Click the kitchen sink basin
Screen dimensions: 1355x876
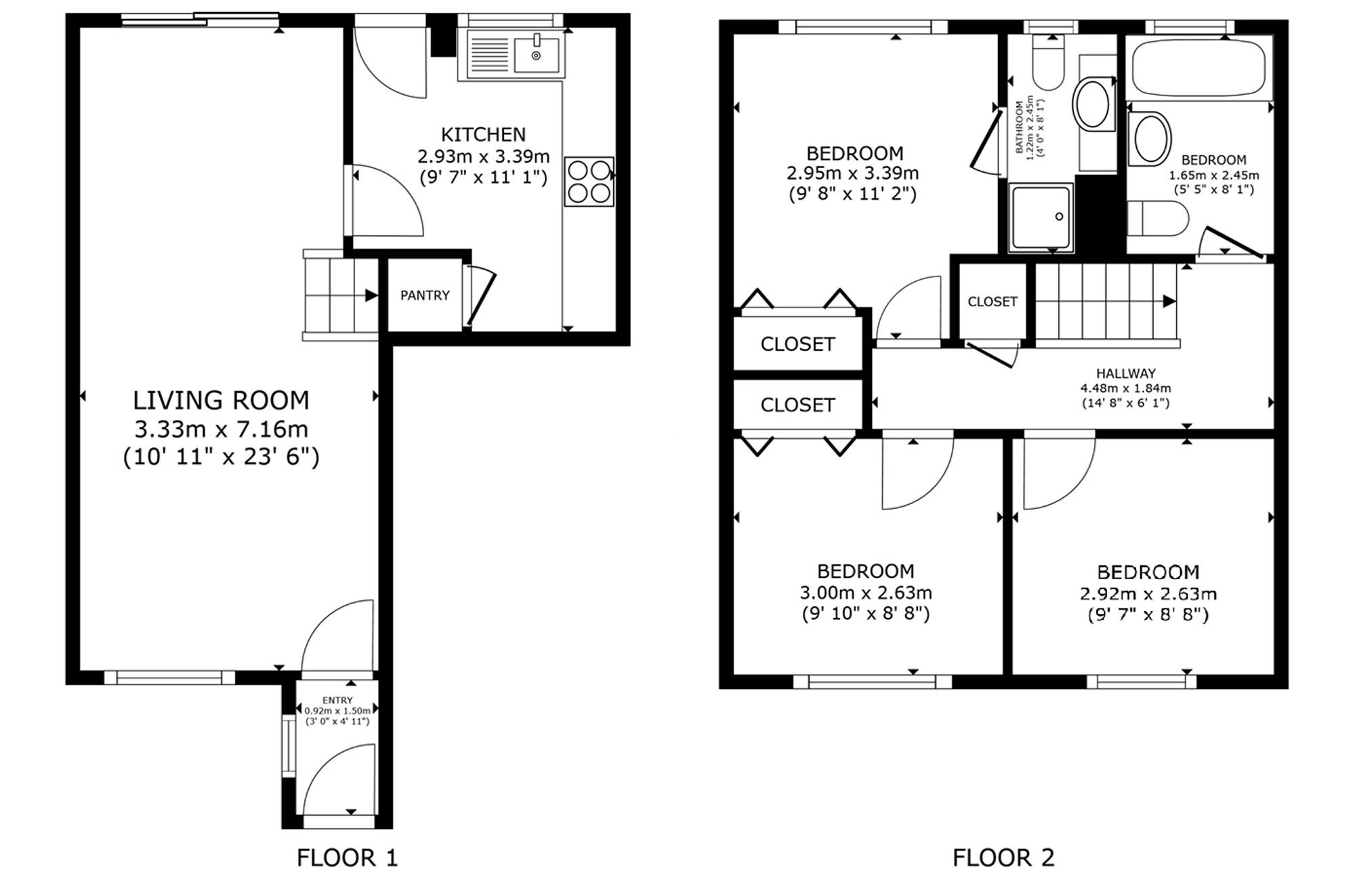(537, 55)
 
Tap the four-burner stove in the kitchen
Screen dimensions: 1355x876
(589, 182)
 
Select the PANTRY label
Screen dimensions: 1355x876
(425, 295)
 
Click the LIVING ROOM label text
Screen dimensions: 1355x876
(221, 400)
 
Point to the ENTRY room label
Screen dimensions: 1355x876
(337, 700)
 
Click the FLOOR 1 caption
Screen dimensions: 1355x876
(347, 858)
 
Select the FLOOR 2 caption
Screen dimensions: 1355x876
(1003, 858)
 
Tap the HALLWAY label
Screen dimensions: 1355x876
(1126, 373)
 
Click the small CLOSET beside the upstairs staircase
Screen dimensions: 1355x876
(993, 301)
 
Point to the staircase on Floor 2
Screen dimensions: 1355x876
(1107, 301)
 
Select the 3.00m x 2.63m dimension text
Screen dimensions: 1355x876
(866, 593)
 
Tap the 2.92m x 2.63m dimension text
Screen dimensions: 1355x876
(1148, 594)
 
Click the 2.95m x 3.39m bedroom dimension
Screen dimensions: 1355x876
(852, 173)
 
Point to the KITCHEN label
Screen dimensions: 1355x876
(483, 134)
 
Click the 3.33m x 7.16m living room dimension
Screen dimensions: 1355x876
(221, 429)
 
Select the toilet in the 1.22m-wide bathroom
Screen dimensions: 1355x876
(1048, 62)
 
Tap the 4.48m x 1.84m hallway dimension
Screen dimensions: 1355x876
(1125, 388)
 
